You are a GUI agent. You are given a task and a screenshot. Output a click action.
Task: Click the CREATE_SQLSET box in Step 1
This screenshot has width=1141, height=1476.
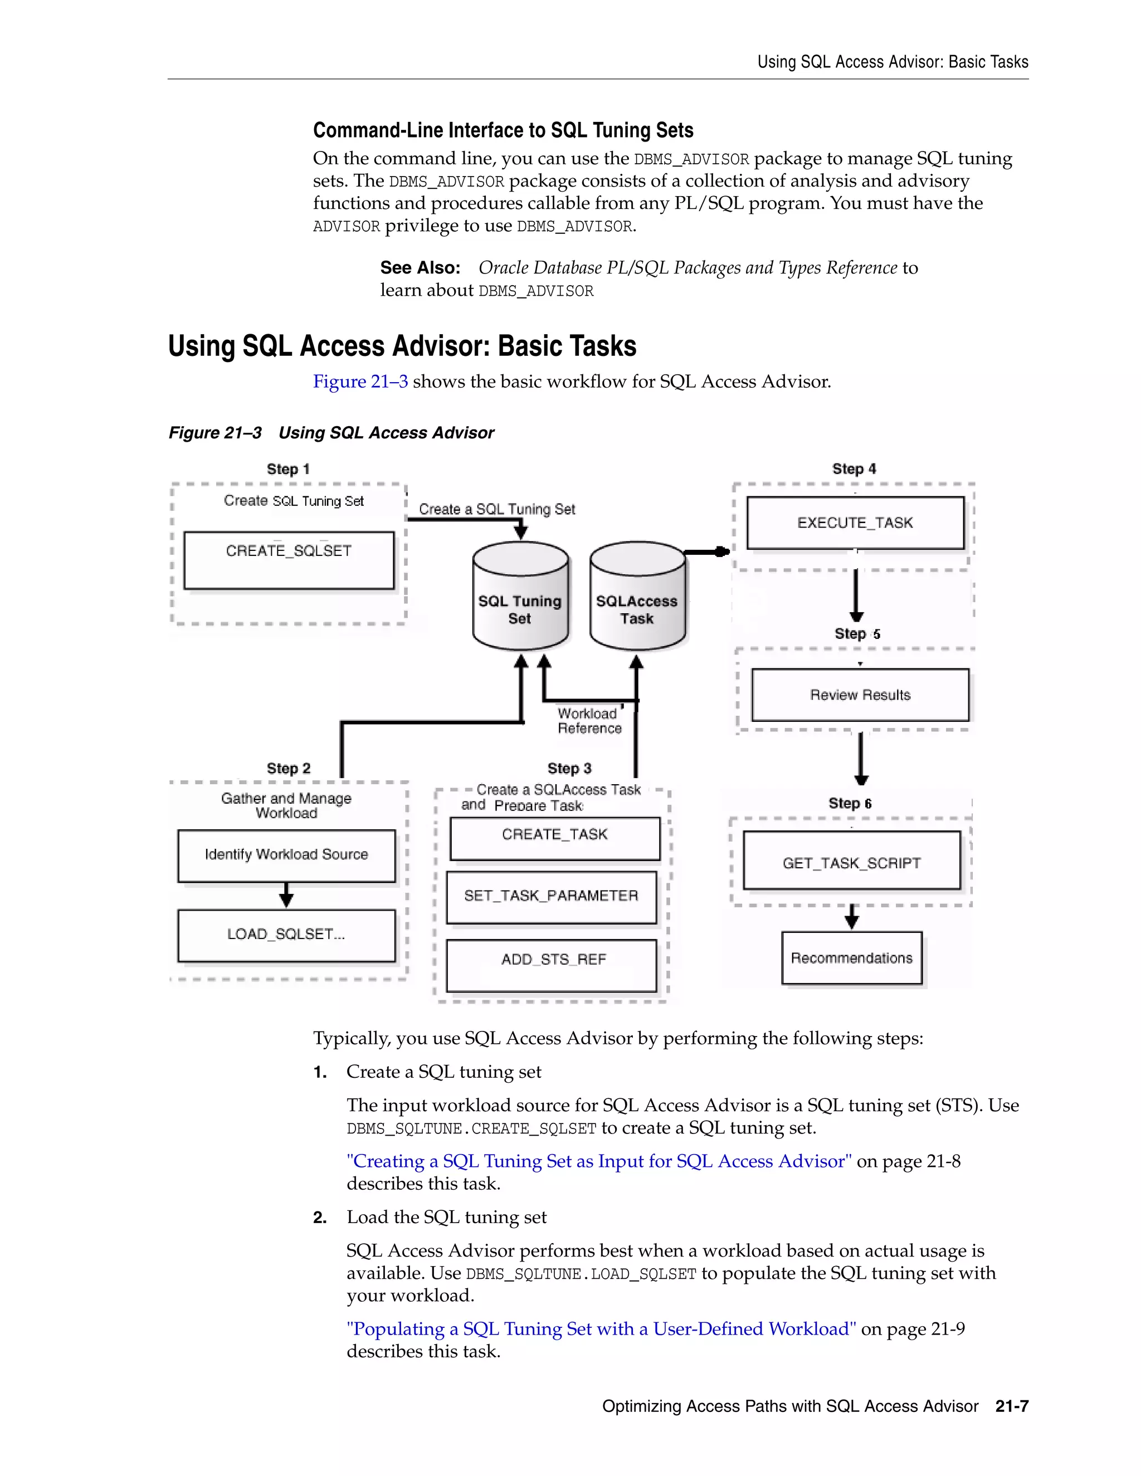tap(289, 560)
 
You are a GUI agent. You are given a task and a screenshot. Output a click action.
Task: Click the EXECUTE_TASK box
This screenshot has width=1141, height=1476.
tap(855, 522)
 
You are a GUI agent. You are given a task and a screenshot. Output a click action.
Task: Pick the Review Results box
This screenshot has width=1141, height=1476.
tap(860, 695)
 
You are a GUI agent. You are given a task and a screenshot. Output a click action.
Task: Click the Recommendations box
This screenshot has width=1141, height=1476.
tap(852, 957)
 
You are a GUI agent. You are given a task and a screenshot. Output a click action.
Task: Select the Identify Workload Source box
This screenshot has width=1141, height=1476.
tap(286, 855)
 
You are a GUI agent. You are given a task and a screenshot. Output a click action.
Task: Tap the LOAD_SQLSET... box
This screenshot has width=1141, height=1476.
tap(286, 935)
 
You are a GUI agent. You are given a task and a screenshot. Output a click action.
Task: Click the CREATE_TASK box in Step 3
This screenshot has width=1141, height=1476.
tap(554, 837)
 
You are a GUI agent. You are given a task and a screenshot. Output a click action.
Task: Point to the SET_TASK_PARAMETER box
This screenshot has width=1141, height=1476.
tap(551, 896)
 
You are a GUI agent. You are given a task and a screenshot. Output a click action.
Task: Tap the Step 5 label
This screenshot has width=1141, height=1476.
tap(856, 634)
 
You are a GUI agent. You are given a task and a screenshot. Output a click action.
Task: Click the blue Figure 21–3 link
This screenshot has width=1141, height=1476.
tap(360, 382)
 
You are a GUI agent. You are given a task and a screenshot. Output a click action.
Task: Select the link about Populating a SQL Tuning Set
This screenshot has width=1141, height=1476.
tap(601, 1328)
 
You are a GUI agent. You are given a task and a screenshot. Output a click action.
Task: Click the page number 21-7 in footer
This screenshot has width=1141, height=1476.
tap(1011, 1406)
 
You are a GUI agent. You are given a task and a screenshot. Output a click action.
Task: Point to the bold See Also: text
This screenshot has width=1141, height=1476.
tap(420, 267)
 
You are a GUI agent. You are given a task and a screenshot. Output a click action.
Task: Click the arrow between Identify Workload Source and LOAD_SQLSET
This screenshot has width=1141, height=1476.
tap(286, 896)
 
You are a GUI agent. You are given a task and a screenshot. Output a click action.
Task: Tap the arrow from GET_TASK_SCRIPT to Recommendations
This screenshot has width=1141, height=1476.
tap(852, 917)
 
